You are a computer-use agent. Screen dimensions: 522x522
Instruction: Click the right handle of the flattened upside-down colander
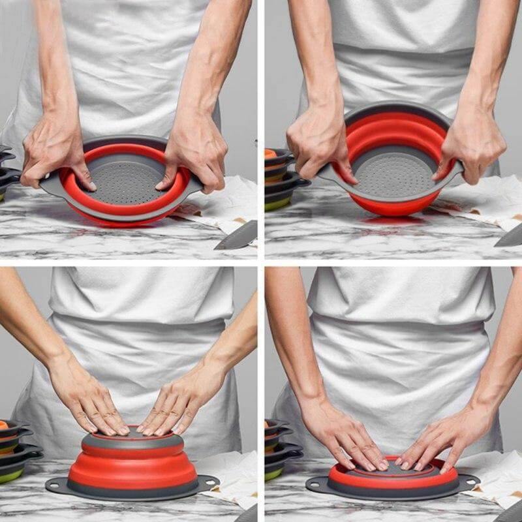468,483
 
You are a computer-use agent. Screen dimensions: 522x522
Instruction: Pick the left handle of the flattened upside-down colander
316,484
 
